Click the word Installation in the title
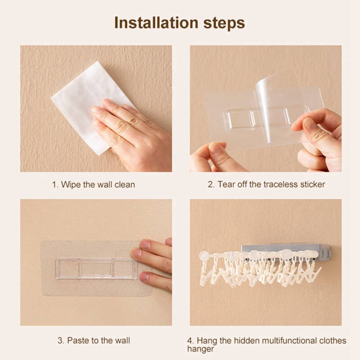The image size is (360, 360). click(156, 23)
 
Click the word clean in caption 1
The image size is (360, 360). click(125, 184)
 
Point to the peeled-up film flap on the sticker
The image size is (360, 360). click(273, 108)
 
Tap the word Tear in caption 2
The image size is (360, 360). click(226, 184)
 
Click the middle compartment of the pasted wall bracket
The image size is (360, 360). click(96, 269)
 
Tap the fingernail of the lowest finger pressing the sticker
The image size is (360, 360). click(144, 276)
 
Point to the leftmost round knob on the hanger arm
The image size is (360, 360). click(204, 256)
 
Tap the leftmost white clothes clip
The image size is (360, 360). click(206, 273)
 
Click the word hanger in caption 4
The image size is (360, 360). click(200, 350)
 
